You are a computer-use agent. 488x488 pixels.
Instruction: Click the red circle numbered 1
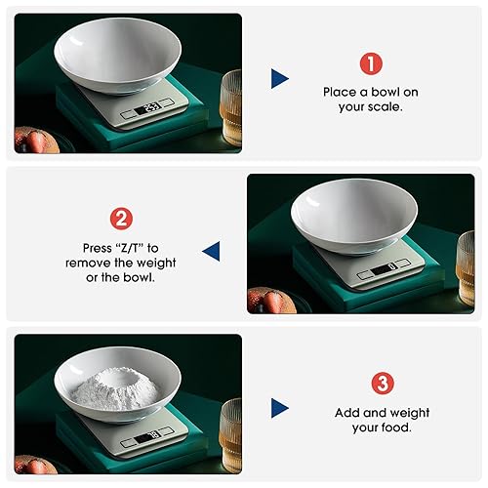click(x=370, y=64)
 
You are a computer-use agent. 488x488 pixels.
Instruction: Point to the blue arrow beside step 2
click(x=211, y=253)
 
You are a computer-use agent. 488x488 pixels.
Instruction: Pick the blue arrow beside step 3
click(x=280, y=407)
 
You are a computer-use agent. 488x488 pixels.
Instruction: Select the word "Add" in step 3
click(x=347, y=413)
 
